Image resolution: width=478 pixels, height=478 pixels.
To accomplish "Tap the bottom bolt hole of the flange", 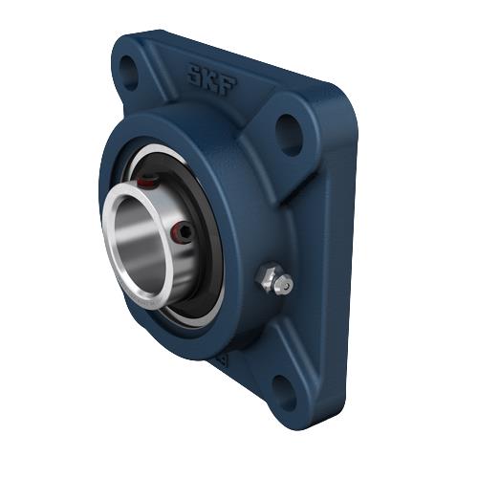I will (x=284, y=386).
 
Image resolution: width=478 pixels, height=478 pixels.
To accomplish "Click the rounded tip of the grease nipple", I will (x=284, y=284).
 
